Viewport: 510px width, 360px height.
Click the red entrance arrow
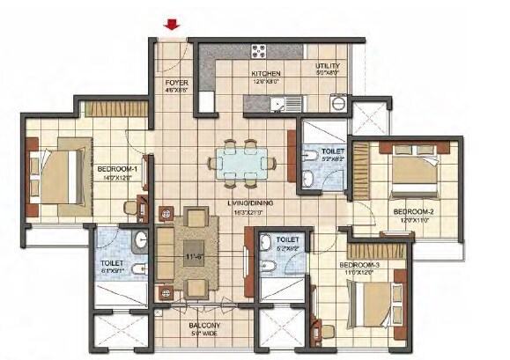[173, 25]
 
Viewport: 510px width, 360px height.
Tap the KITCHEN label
[266, 74]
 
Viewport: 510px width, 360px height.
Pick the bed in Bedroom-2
[413, 173]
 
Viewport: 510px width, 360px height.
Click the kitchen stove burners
[261, 51]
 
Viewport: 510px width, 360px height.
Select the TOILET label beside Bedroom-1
[111, 262]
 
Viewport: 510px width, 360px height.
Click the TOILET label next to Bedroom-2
[332, 151]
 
